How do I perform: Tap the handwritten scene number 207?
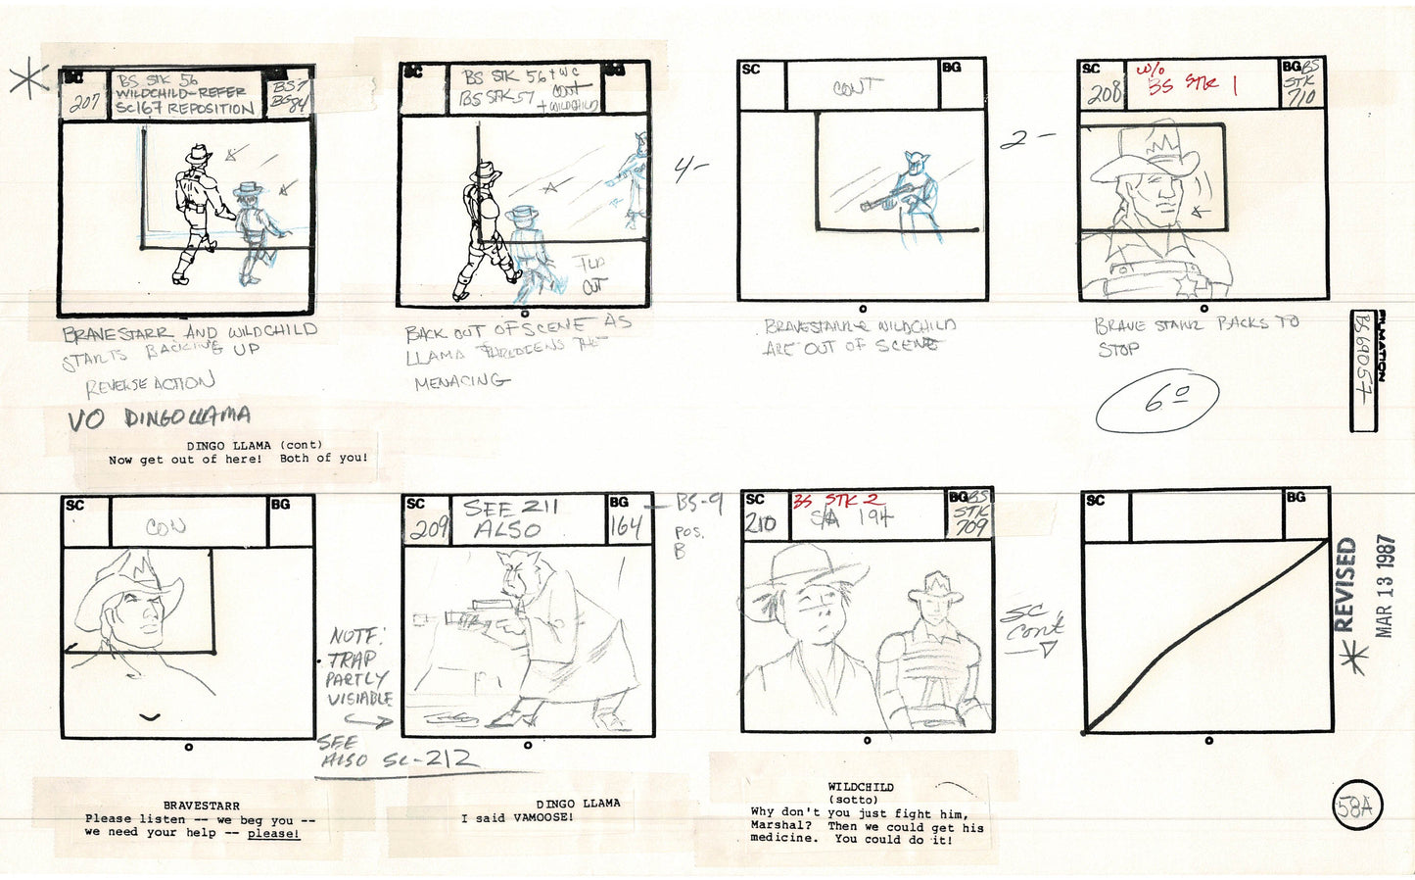coord(85,102)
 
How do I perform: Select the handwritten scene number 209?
coord(428,530)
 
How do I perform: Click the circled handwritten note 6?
coord(1157,401)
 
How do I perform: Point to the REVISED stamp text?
coord(1345,585)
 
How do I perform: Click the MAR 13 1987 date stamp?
coord(1385,586)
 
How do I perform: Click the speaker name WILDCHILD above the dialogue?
coord(860,787)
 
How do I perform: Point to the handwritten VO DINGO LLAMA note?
coord(159,418)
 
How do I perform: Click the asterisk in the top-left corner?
coord(28,81)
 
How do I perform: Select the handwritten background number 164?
coord(626,528)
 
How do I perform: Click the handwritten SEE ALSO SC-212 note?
coord(397,755)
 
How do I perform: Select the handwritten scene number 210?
coord(761,524)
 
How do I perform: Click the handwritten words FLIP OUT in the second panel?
coord(590,273)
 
